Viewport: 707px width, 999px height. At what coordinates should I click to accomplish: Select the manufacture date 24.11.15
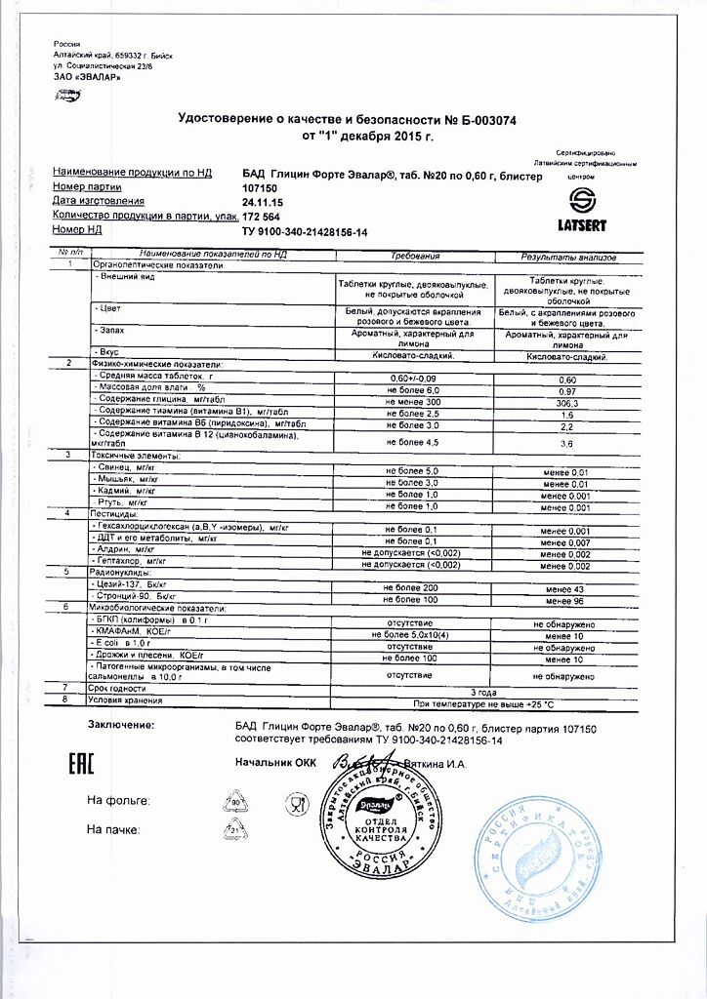coord(262,201)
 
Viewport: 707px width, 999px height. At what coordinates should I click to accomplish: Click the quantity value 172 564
coord(261,216)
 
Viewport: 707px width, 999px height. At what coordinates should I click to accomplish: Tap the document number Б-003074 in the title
coord(480,120)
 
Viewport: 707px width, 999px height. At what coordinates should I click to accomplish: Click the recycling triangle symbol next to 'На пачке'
coord(234,830)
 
